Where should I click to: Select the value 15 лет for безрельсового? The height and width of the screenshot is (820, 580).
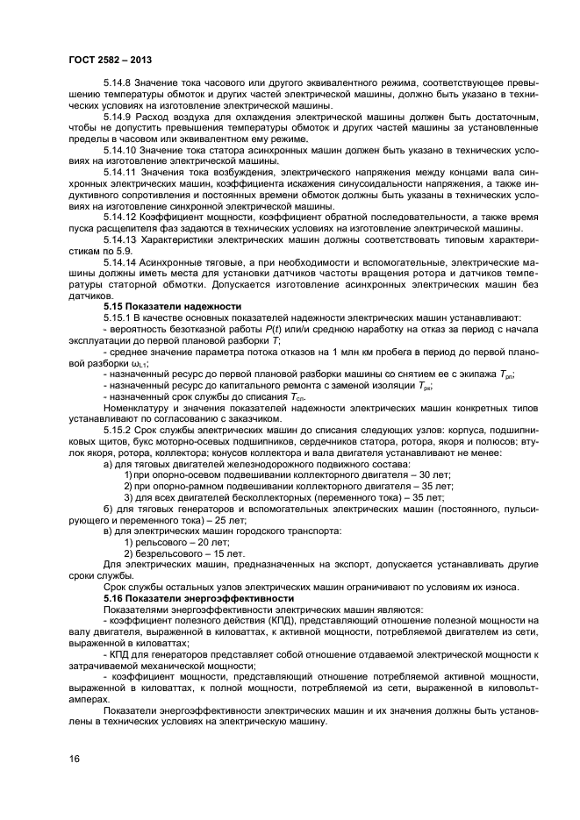[x=217, y=554]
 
